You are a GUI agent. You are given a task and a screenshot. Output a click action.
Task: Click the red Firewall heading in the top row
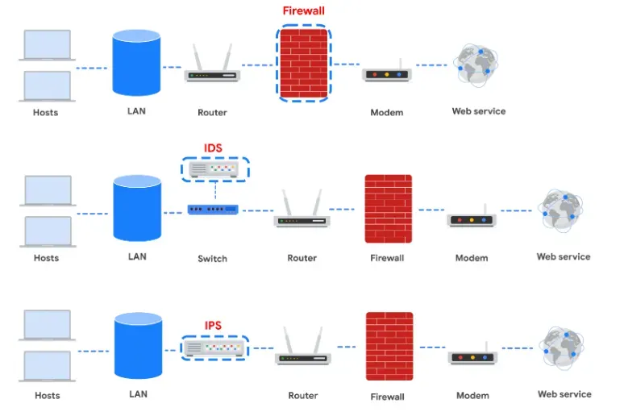[304, 10]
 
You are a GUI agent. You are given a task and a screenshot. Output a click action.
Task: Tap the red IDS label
[213, 148]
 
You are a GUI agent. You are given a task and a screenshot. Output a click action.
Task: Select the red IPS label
[213, 326]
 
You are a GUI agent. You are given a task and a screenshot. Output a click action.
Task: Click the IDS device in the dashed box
[214, 169]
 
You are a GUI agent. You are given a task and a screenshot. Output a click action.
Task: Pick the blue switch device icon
[213, 209]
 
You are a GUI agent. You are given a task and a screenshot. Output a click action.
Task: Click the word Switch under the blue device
[213, 259]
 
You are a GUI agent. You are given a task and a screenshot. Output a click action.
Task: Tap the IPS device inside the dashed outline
[214, 348]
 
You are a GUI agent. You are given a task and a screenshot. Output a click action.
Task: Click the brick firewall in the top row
[304, 64]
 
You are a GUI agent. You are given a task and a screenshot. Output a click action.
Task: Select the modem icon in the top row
[387, 72]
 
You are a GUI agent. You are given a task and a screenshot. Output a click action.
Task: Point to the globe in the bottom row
[562, 347]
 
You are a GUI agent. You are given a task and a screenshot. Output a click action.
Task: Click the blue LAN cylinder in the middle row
[137, 208]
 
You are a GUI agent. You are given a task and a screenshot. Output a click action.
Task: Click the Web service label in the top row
[479, 111]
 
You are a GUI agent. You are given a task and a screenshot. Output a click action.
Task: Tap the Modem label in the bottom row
[472, 396]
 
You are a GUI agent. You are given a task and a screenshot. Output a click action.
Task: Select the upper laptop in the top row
[47, 45]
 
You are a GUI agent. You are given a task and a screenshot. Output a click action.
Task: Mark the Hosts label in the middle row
[46, 258]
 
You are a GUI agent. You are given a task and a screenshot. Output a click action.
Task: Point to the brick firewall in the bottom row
[389, 347]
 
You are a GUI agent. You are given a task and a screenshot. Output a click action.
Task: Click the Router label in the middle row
[302, 258]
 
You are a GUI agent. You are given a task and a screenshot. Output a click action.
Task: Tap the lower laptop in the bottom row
[47, 366]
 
